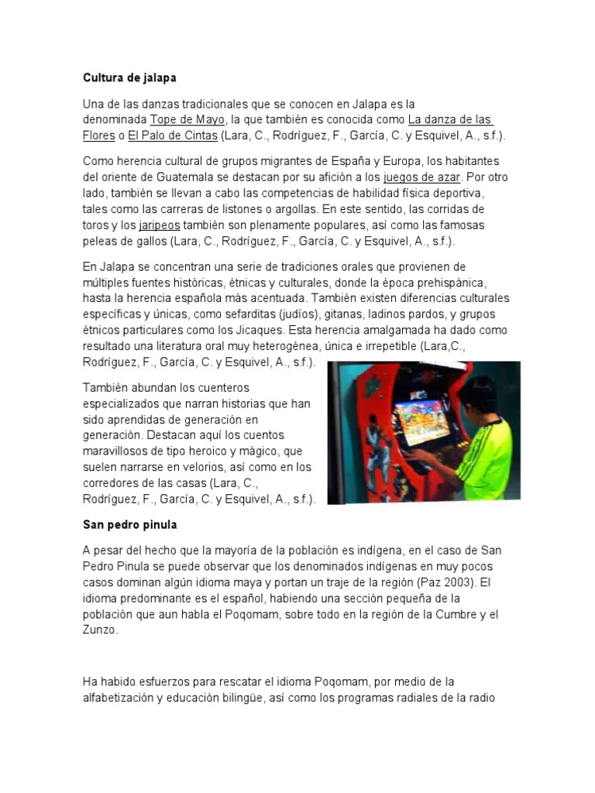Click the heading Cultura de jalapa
[x=129, y=78]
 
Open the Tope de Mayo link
[x=187, y=119]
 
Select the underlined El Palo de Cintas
[x=173, y=136]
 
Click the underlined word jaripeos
[x=158, y=225]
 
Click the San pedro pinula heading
[x=130, y=524]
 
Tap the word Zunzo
[x=99, y=630]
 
